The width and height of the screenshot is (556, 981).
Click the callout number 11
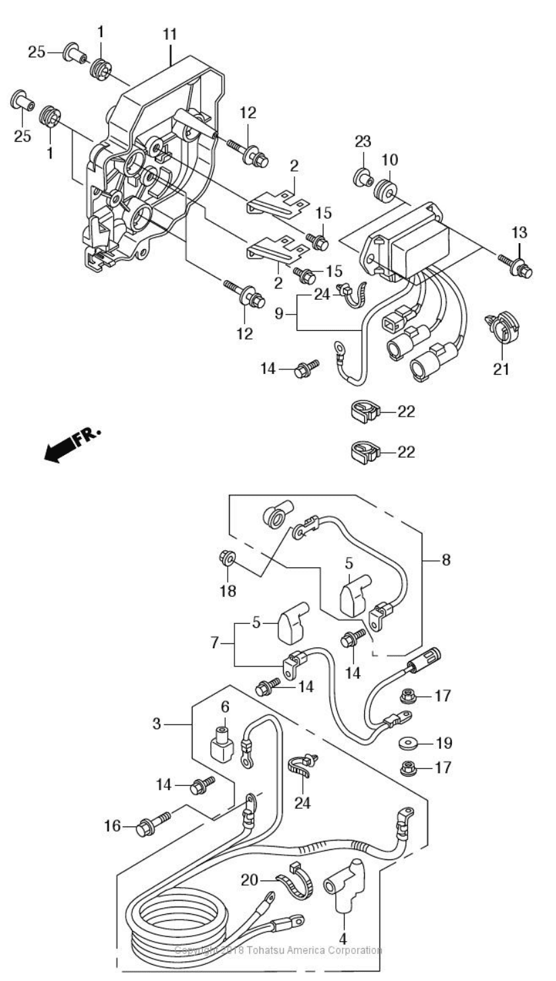coord(170,34)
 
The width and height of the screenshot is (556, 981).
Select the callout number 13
coord(519,232)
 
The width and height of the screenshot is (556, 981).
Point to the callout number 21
coord(501,369)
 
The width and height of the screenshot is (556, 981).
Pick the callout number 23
coord(363,141)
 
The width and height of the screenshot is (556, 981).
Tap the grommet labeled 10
coord(386,188)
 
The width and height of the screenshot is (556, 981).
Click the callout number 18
coord(228,591)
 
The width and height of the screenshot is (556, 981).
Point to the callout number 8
coord(446,560)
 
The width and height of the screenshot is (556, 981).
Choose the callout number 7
coord(215,643)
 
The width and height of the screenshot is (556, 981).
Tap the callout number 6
coord(225,706)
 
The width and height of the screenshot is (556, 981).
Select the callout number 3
coord(157,724)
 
